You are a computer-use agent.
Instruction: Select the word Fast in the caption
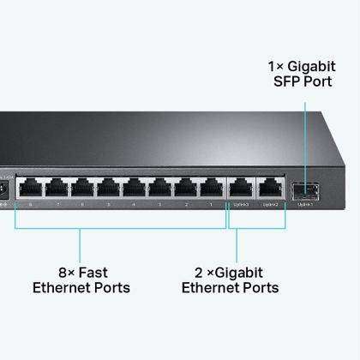pyautogui.click(x=93, y=271)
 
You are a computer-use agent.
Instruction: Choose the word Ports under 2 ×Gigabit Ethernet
pyautogui.click(x=258, y=288)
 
